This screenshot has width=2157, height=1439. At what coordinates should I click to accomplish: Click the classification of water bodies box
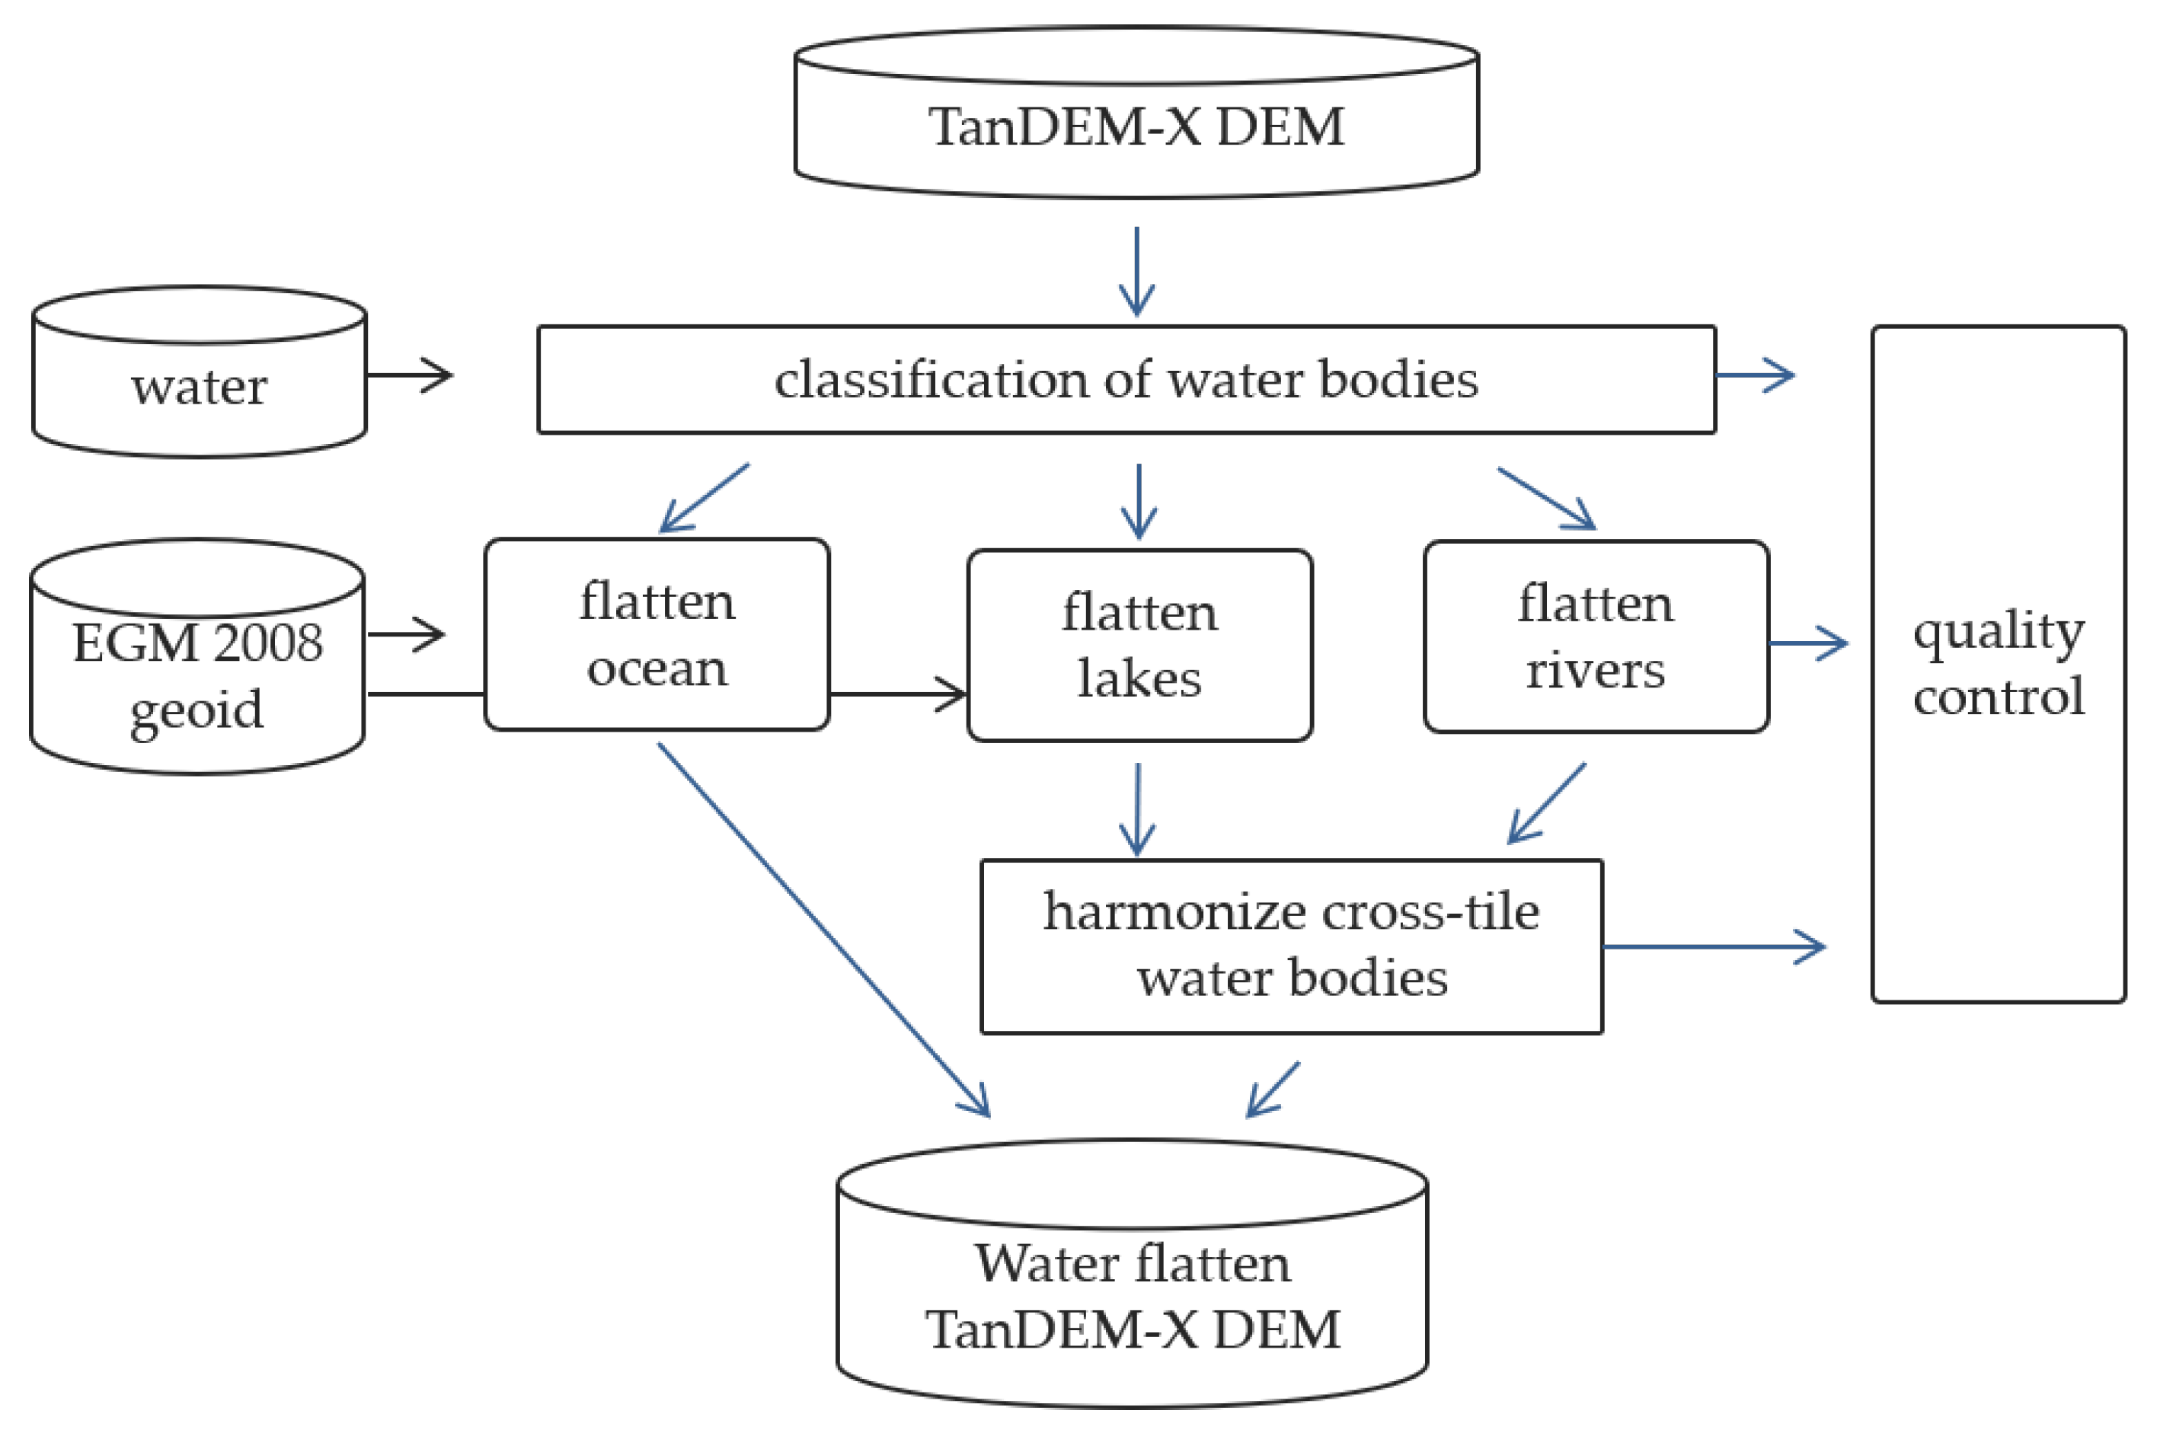point(1126,379)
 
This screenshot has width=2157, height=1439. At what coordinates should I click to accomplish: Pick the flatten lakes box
point(1139,645)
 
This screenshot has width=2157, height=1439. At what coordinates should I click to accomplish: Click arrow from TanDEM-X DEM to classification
point(1136,272)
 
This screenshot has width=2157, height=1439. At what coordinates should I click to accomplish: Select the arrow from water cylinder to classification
point(409,375)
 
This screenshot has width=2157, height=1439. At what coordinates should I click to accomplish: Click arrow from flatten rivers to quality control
point(1807,643)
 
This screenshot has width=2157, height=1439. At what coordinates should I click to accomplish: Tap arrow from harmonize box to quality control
point(1713,946)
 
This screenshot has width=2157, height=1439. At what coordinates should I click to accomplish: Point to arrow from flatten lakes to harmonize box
point(1137,809)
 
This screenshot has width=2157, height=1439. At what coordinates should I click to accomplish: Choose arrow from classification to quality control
point(1754,375)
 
